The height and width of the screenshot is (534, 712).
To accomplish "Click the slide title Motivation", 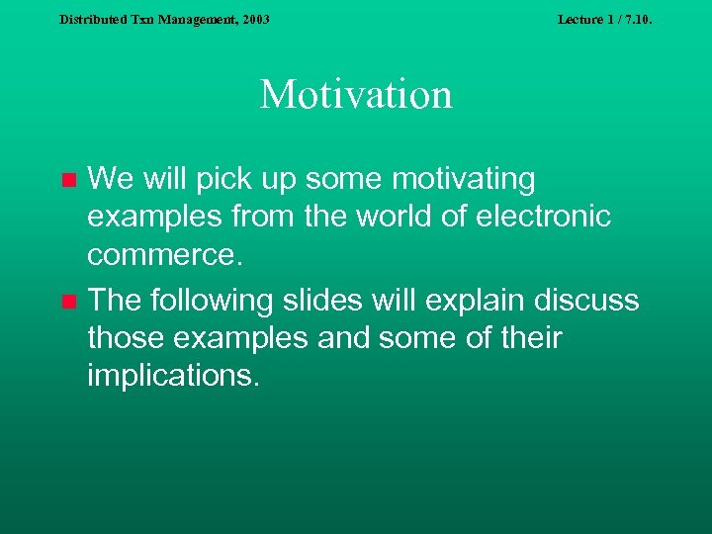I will [356, 95].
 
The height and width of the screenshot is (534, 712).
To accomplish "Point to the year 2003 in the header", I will [253, 19].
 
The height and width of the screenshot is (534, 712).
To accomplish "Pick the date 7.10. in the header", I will [635, 19].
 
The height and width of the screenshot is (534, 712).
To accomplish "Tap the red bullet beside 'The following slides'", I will [68, 301].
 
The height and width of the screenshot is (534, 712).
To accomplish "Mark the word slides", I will [335, 300].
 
